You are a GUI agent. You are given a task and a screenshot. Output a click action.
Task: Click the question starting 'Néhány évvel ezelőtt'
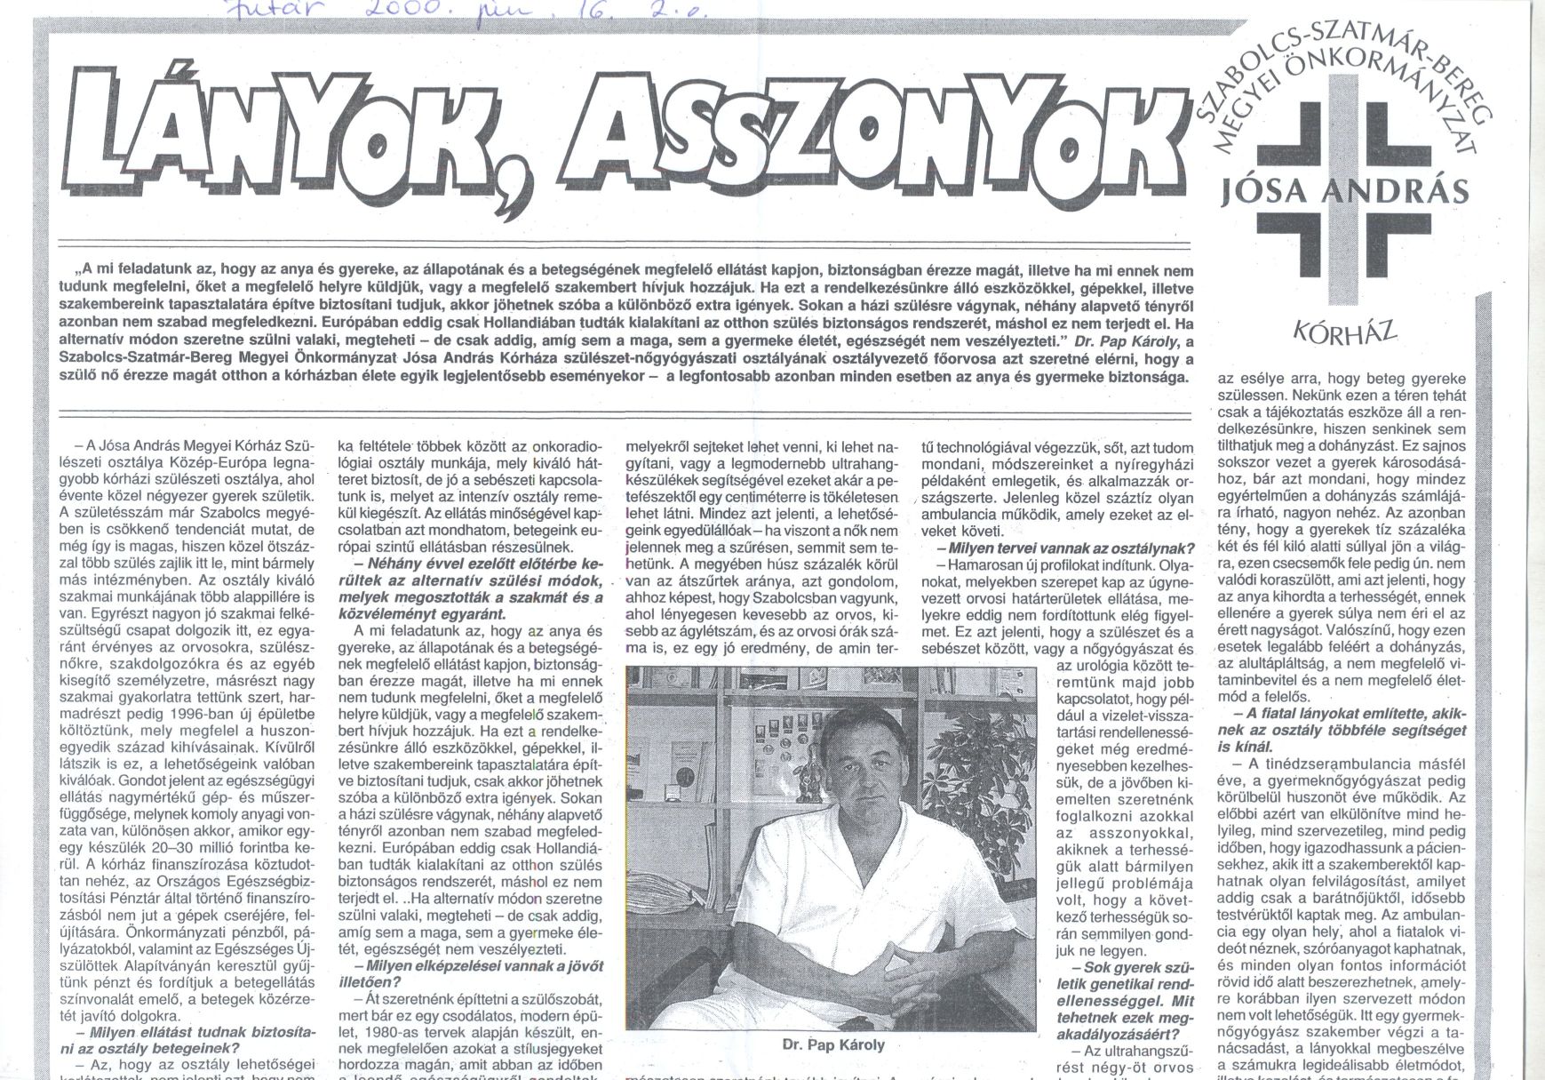coord(473,589)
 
